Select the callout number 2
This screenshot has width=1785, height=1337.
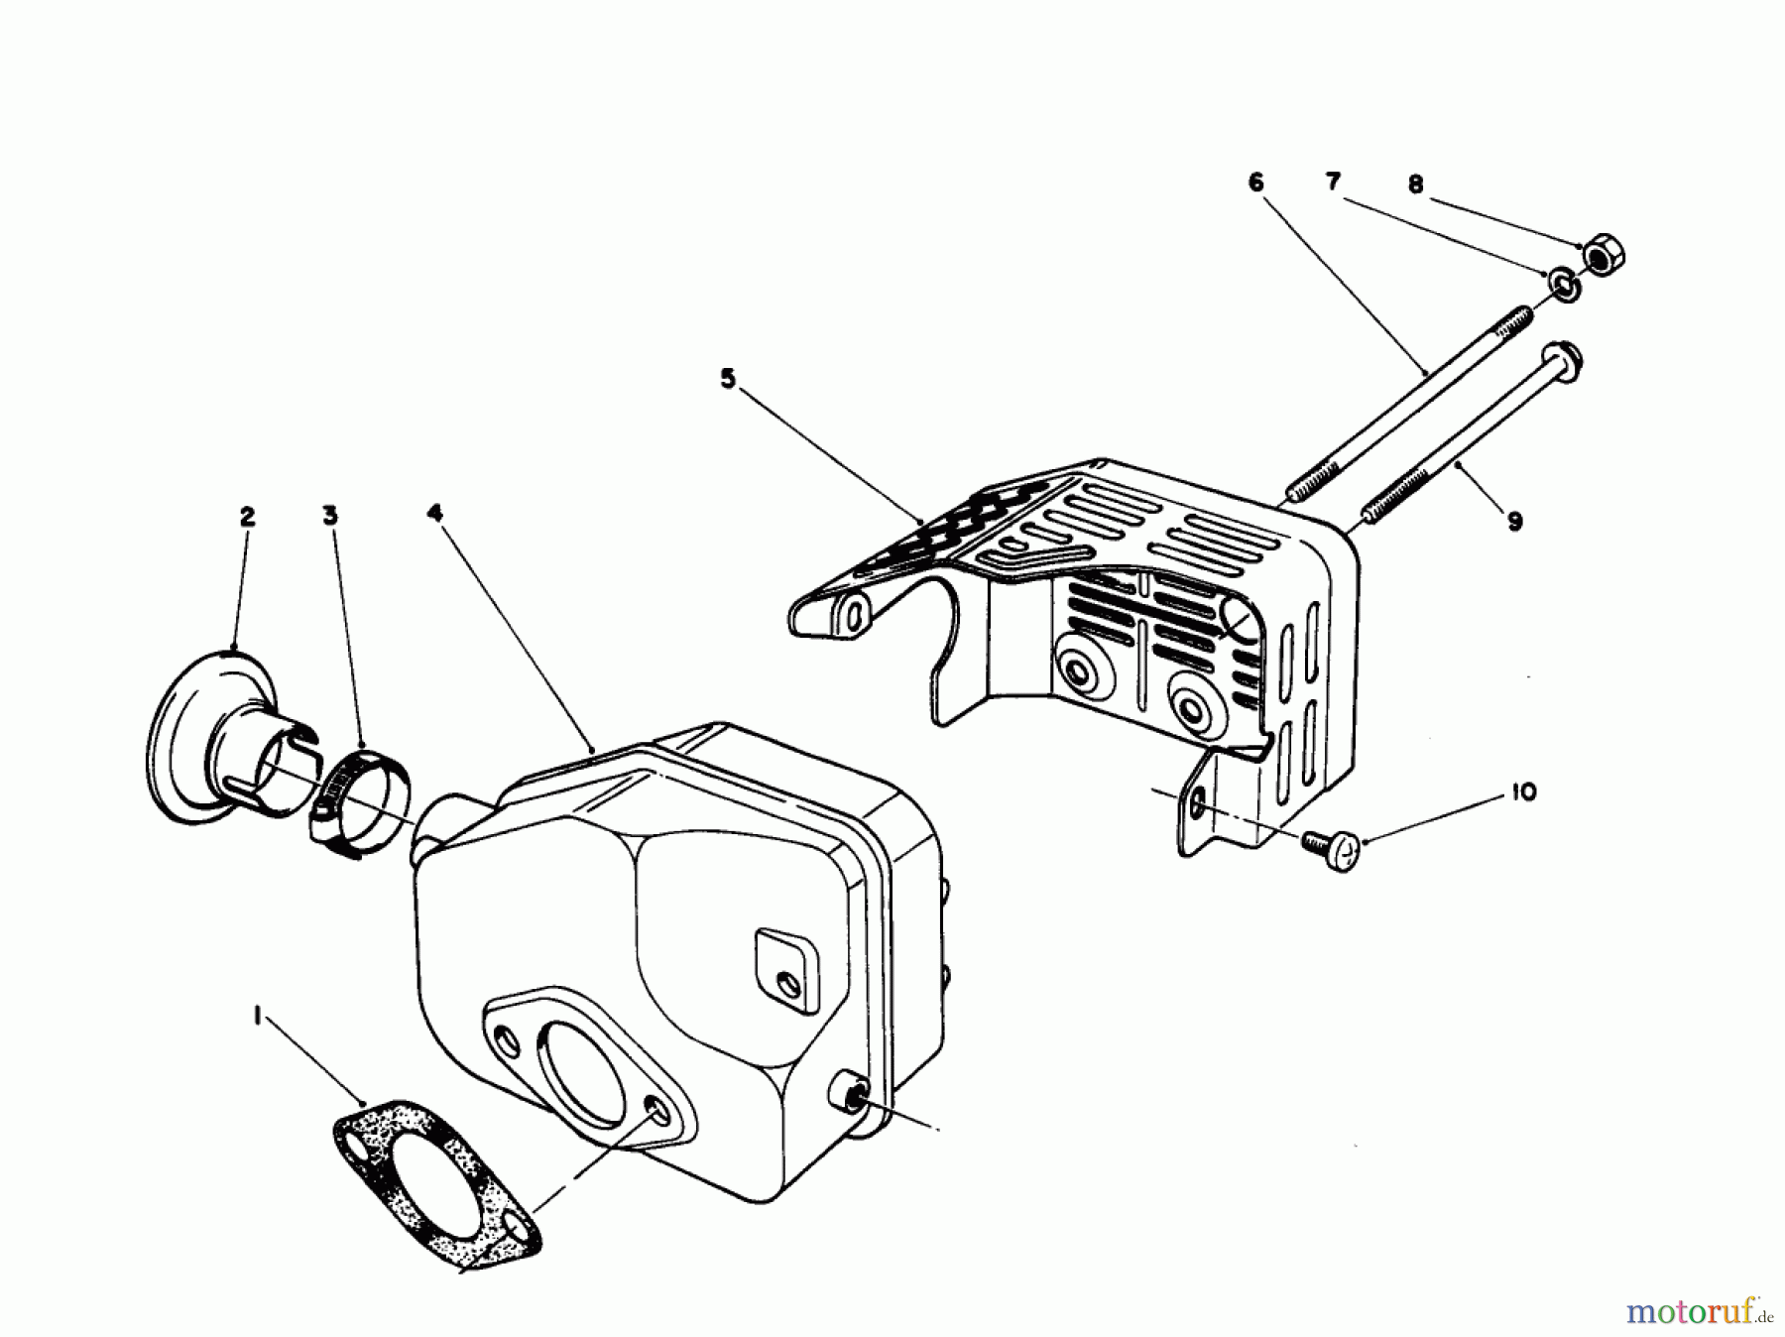point(247,516)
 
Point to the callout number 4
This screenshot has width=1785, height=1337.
point(433,513)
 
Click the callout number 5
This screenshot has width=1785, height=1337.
point(728,379)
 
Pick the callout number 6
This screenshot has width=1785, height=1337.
point(1255,182)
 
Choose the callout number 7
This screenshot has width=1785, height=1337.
point(1333,182)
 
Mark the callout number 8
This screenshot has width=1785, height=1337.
point(1415,184)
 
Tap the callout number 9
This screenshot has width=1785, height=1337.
point(1514,522)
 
